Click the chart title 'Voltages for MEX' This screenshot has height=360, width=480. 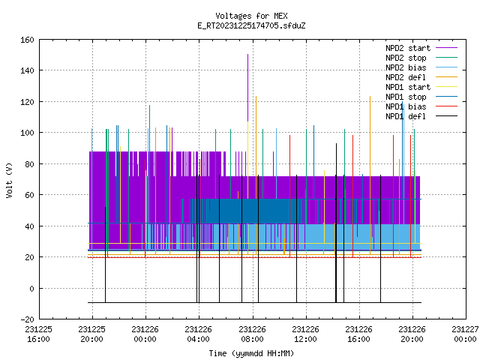click(x=251, y=16)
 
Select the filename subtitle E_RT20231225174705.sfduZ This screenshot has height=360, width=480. click(x=251, y=25)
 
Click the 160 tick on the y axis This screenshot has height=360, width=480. click(x=27, y=40)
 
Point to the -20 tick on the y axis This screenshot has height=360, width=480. click(x=27, y=319)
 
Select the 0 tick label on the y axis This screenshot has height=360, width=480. click(x=31, y=288)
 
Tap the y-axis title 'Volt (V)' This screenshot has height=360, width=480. click(x=9, y=180)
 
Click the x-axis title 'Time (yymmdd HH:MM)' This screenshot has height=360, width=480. click(x=251, y=353)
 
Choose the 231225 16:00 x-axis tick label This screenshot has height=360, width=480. click(x=38, y=334)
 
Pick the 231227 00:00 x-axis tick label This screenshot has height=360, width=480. click(x=465, y=334)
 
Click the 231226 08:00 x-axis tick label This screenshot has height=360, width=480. click(x=252, y=334)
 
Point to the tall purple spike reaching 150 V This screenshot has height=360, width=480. click(x=247, y=88)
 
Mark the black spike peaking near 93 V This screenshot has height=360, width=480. click(x=337, y=223)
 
